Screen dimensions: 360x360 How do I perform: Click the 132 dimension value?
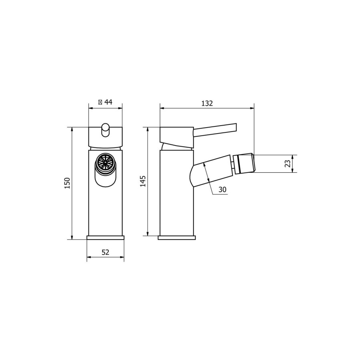coord(207,103)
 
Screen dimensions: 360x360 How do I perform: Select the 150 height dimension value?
coord(67,183)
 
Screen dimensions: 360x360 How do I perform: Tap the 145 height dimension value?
coord(143,181)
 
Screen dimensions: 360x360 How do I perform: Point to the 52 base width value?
coord(105,252)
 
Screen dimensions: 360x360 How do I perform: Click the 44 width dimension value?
coord(108,102)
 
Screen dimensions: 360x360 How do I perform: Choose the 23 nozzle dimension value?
coord(288,164)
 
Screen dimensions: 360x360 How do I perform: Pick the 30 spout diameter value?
coord(222,190)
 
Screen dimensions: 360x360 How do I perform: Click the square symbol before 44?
coord(100,102)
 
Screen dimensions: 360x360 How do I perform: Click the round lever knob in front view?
coord(106,130)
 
